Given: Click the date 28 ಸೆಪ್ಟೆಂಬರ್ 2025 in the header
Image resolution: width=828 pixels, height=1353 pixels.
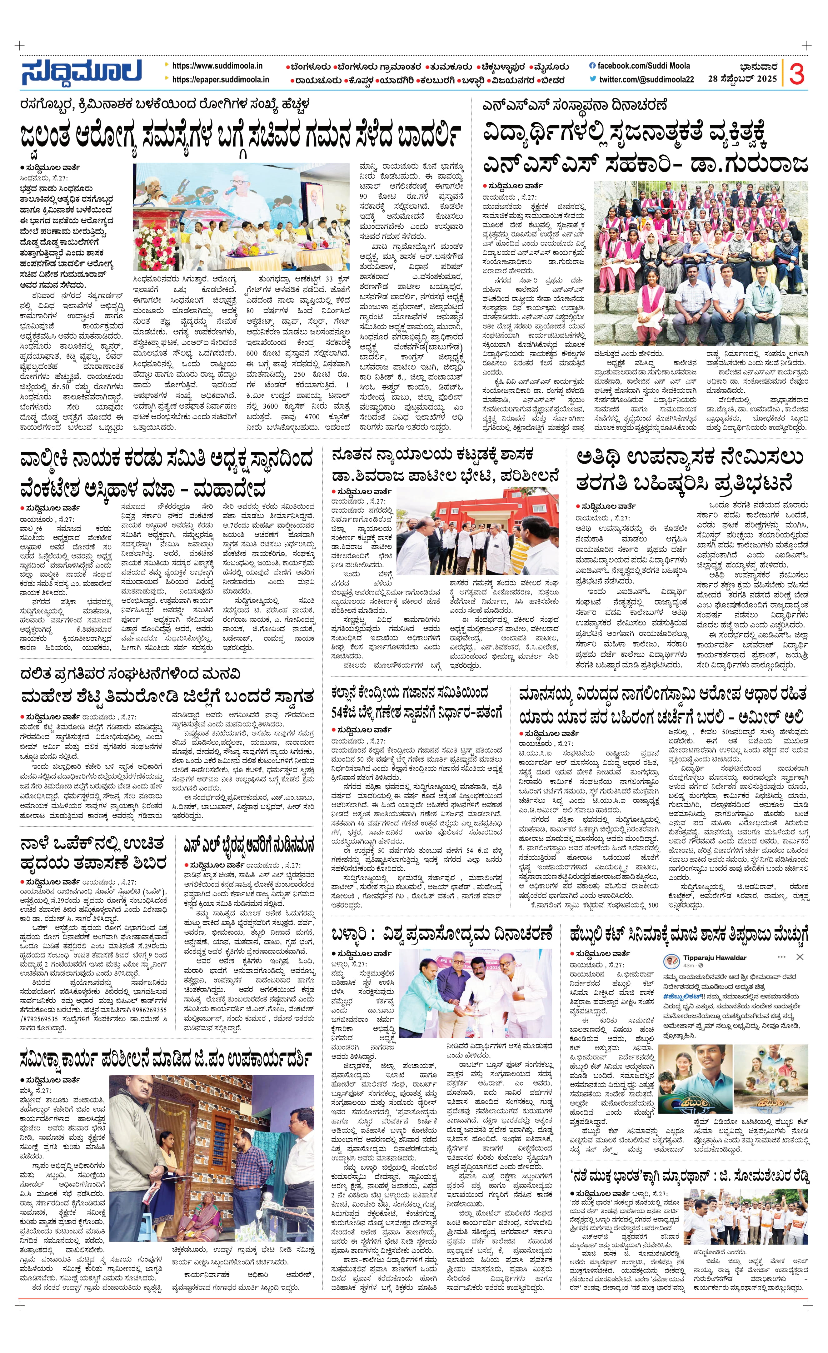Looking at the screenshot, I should point(742,78).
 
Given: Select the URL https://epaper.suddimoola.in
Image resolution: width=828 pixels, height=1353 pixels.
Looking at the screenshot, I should point(220,79).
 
